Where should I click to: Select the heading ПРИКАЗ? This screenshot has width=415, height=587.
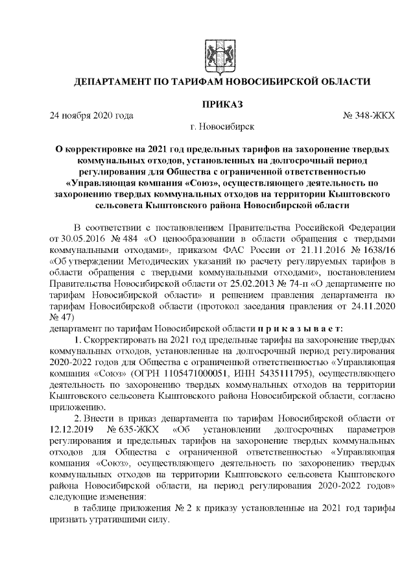pyautogui.click(x=222, y=104)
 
